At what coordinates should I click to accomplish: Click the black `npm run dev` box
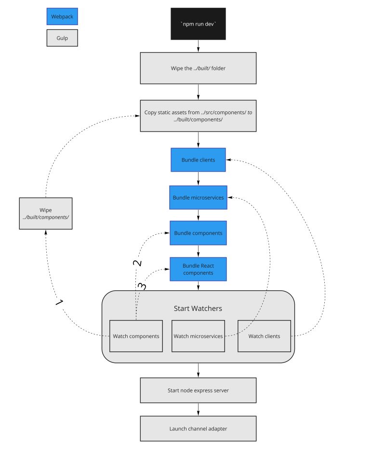click(x=198, y=24)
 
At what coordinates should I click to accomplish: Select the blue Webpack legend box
click(x=62, y=16)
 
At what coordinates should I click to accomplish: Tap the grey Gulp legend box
click(x=62, y=38)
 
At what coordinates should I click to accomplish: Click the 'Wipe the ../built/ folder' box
click(x=198, y=68)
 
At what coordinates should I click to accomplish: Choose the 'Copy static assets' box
click(x=198, y=116)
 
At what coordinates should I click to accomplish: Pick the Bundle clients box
click(x=198, y=160)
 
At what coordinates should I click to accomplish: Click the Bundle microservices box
click(x=198, y=197)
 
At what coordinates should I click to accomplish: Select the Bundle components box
click(x=198, y=233)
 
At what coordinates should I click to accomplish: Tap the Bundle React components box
click(x=198, y=269)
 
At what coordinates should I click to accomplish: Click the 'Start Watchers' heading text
click(x=198, y=308)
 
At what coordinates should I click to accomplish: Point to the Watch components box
click(x=136, y=336)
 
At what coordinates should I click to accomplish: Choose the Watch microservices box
click(x=198, y=336)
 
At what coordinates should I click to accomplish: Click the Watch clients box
click(x=264, y=336)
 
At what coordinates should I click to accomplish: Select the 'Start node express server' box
click(x=198, y=390)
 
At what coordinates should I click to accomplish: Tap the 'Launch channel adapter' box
click(x=198, y=428)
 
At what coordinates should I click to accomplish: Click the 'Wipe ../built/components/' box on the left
click(x=46, y=214)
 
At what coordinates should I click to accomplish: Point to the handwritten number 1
click(x=59, y=303)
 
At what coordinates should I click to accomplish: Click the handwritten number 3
click(x=142, y=286)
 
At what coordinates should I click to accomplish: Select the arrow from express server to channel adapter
click(x=198, y=409)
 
